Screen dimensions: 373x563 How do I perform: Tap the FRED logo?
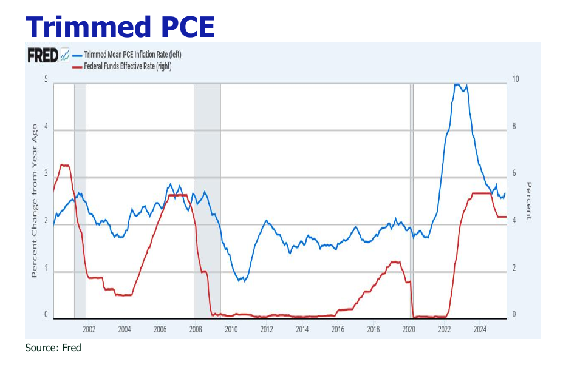(43, 56)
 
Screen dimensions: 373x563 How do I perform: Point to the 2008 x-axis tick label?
(196, 329)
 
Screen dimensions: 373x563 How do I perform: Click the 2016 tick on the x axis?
(338, 329)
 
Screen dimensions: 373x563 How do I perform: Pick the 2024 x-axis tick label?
(480, 329)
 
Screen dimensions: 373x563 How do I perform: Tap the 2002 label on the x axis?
(89, 329)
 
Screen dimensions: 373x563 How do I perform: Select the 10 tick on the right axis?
(516, 79)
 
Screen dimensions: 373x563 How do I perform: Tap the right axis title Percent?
(528, 201)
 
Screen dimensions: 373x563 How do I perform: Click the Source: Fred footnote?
(53, 348)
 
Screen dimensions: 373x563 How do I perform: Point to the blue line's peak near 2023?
(457, 84)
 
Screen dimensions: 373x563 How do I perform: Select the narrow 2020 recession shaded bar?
(412, 200)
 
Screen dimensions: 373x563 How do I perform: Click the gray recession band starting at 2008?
(207, 200)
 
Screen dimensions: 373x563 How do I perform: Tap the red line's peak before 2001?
(63, 164)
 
